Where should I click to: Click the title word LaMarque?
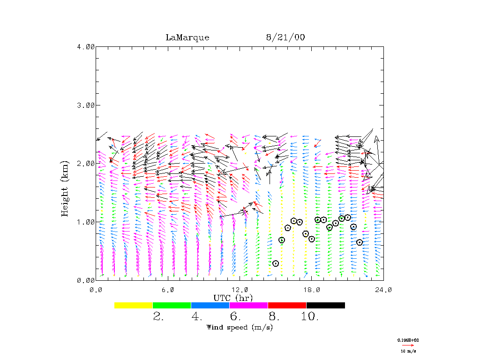[x=187, y=37]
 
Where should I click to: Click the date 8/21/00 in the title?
[x=284, y=37]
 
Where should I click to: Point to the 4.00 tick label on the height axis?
[x=86, y=47]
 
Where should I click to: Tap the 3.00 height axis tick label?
[x=86, y=105]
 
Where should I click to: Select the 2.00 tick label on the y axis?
[x=86, y=164]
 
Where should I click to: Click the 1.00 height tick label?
[x=86, y=222]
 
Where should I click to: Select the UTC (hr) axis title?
[x=233, y=298]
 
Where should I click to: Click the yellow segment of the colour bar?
[x=133, y=305]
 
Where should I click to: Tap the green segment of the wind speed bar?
[x=172, y=305]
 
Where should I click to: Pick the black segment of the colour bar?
[x=325, y=305]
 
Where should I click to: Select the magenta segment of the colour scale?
[x=248, y=305]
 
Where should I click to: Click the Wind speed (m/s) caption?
[x=240, y=327]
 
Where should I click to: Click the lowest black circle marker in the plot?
[x=276, y=263]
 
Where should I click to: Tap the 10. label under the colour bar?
[x=309, y=317]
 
